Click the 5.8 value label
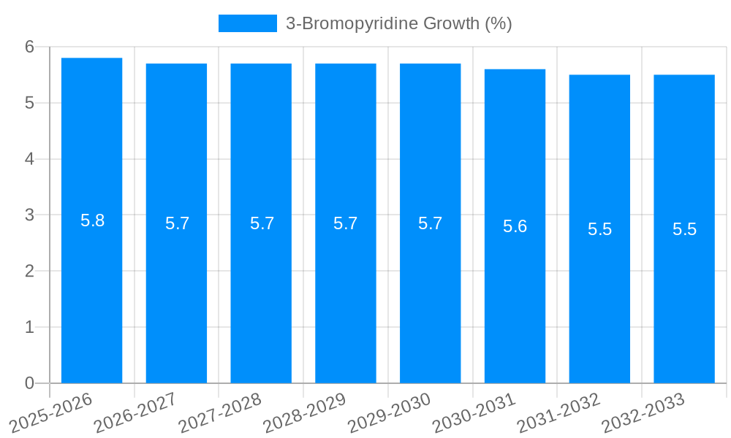click(x=93, y=220)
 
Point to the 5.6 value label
click(x=515, y=226)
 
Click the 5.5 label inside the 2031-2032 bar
click(x=599, y=229)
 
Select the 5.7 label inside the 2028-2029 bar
click(x=346, y=223)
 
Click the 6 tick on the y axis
click(x=29, y=47)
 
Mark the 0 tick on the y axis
click(x=29, y=383)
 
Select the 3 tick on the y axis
click(x=29, y=215)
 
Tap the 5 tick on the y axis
click(x=29, y=103)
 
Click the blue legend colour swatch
click(x=248, y=23)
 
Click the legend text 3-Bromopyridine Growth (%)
click(x=398, y=23)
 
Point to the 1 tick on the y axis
click(x=29, y=327)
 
